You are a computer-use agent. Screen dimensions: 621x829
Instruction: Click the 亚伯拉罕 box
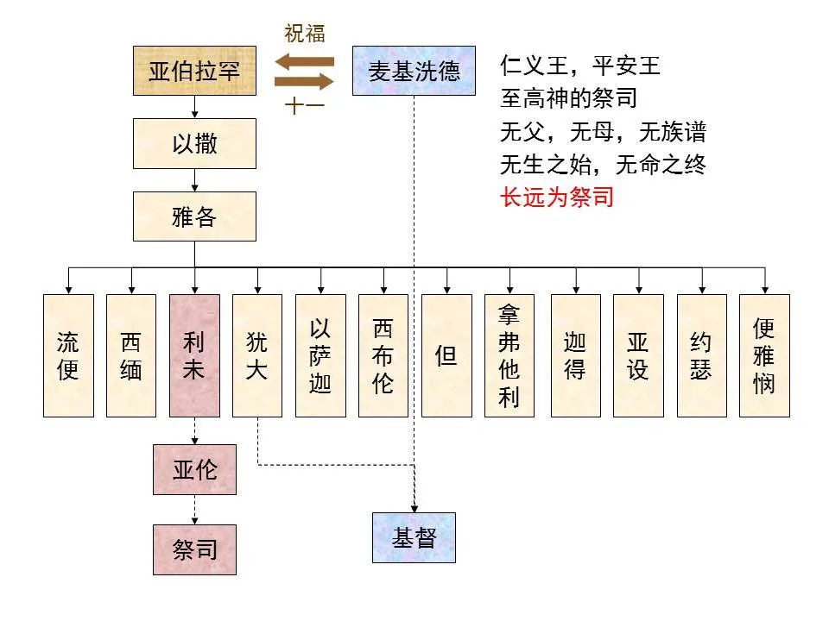tap(194, 71)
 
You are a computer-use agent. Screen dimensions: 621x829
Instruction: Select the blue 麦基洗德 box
tap(414, 71)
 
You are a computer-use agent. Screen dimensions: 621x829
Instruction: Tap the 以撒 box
tap(194, 143)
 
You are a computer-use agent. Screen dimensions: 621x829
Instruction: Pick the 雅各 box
tap(194, 216)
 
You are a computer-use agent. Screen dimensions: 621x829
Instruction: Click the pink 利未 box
tap(194, 355)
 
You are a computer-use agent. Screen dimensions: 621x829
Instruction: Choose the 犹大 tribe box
tap(257, 355)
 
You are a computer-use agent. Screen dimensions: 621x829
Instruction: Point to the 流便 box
tap(68, 355)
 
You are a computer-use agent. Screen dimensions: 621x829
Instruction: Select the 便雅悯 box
tap(764, 355)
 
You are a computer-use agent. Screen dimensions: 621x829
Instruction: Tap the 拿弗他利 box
tap(509, 355)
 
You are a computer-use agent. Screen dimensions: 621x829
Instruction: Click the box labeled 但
tap(446, 355)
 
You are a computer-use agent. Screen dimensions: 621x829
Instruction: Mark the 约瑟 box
tap(701, 355)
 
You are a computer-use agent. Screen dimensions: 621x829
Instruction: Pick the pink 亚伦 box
tap(194, 470)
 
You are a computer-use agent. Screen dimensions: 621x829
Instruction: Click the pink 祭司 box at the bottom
tap(194, 549)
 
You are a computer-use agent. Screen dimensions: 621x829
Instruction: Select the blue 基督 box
tap(414, 537)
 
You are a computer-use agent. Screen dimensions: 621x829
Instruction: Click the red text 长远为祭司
tap(556, 197)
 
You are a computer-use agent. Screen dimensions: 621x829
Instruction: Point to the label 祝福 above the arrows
tap(305, 35)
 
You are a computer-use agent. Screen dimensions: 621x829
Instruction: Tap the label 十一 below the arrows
tap(304, 108)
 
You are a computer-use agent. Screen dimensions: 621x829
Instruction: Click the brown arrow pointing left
tap(304, 61)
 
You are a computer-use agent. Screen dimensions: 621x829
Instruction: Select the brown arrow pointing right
tap(304, 82)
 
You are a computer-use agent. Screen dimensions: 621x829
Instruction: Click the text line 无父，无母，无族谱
tap(603, 131)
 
